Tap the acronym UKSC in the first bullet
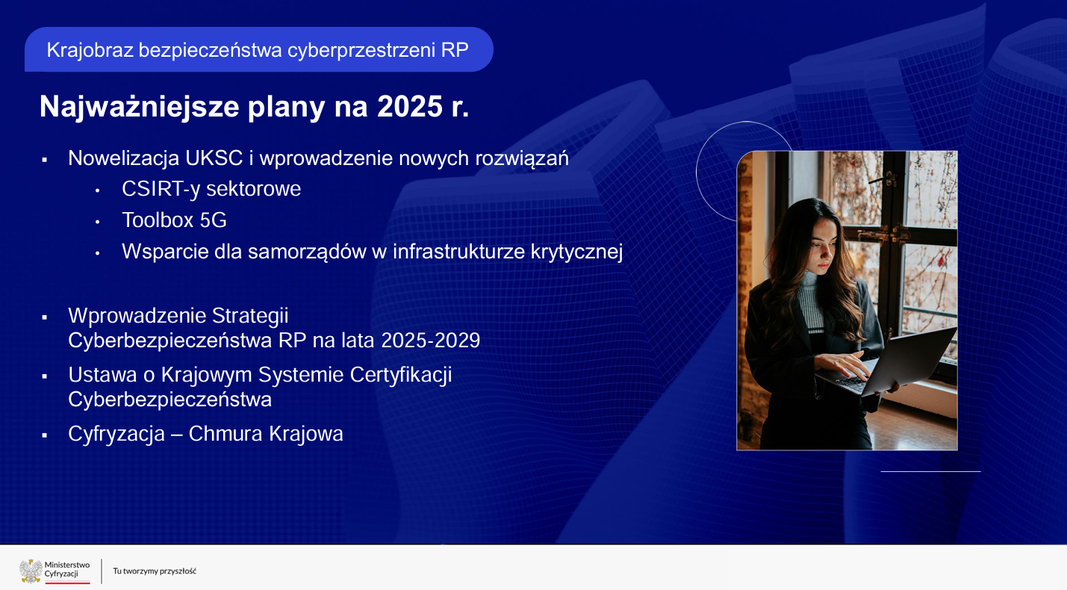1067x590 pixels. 214,158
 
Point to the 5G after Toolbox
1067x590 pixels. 213,220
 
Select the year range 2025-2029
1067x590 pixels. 431,341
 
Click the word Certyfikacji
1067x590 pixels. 401,375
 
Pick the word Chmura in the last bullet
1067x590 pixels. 225,434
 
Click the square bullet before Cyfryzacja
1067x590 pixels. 45,435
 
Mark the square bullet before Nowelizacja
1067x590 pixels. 45,160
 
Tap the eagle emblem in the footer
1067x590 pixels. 31,571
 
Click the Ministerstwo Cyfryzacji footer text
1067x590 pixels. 67,569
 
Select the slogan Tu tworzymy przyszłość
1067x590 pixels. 155,571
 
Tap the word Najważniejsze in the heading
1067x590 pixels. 139,107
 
